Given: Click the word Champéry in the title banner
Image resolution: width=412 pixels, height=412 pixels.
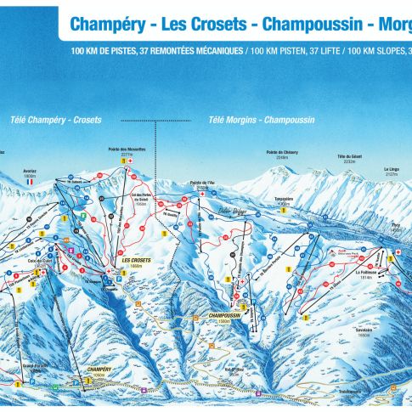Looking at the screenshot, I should [102, 24].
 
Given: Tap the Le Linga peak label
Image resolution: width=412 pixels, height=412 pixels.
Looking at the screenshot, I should [392, 169].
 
